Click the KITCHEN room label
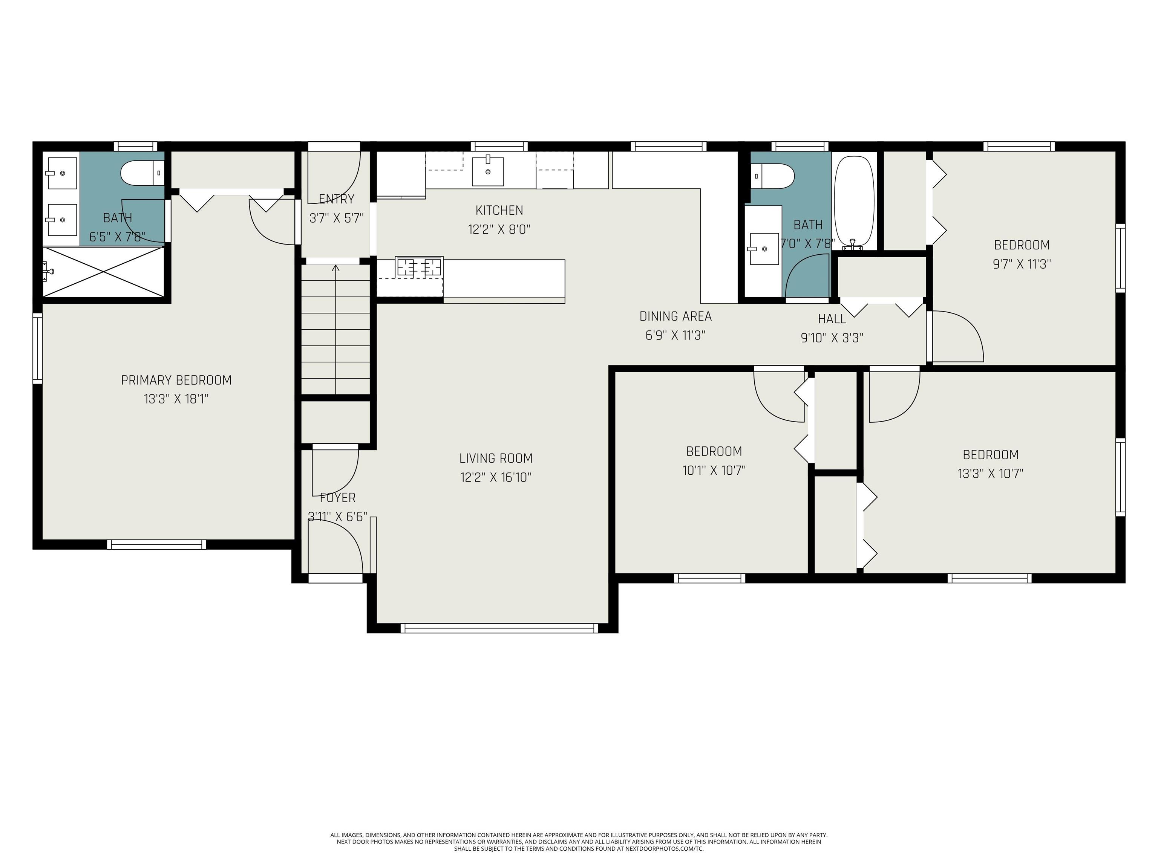(499, 210)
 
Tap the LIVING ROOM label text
(496, 458)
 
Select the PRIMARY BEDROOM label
(176, 381)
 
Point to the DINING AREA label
(675, 316)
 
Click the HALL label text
(832, 319)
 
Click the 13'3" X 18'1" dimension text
(176, 399)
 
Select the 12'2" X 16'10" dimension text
(496, 477)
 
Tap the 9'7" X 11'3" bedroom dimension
(1022, 264)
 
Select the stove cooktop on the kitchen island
(419, 267)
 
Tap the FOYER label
(338, 498)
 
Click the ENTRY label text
(337, 199)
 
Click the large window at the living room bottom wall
(499, 628)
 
